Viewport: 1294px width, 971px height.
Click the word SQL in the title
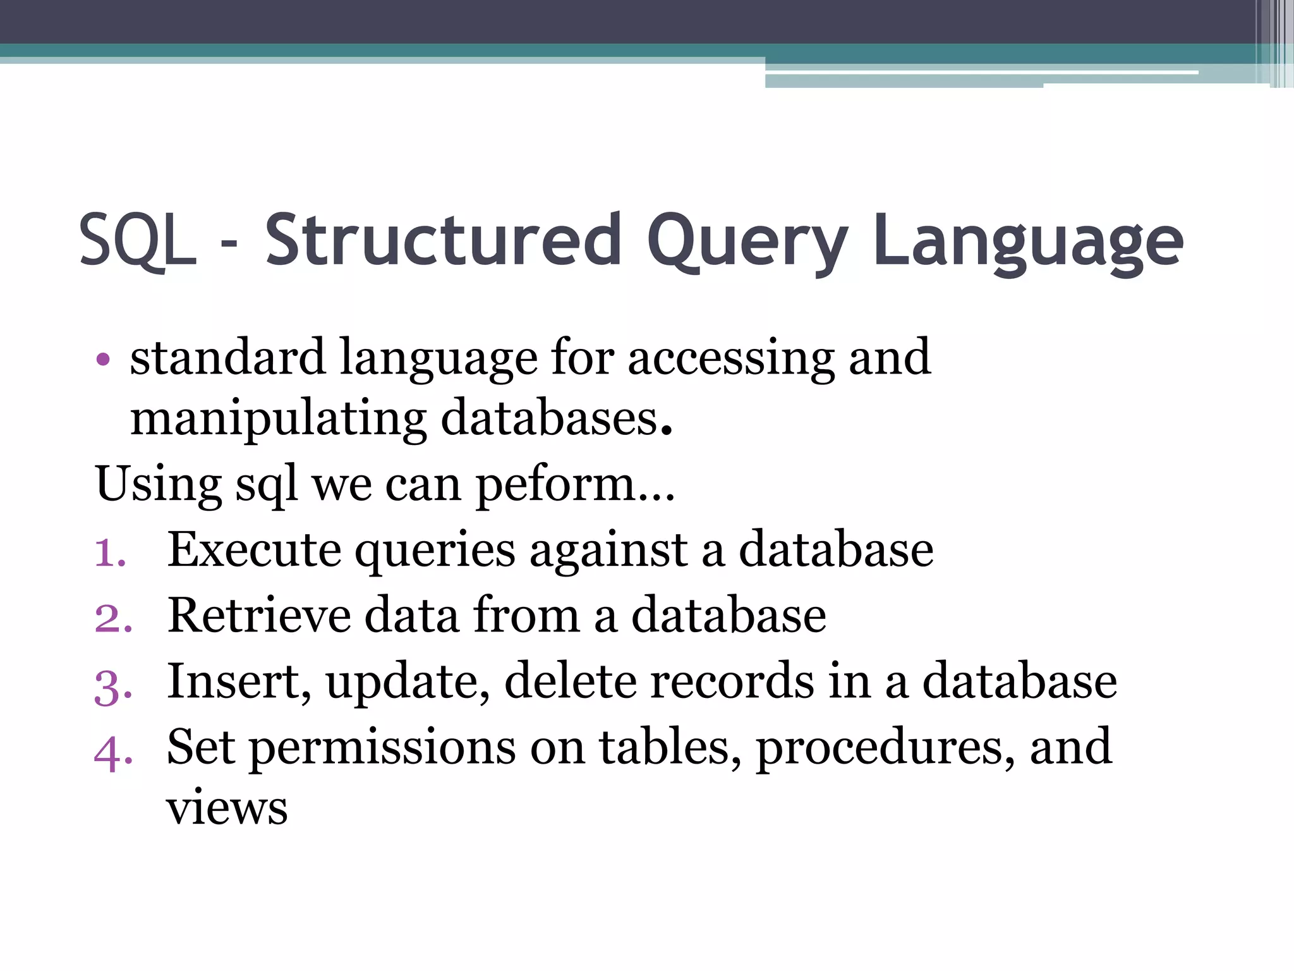pyautogui.click(x=137, y=240)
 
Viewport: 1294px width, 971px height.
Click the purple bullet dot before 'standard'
pyautogui.click(x=103, y=360)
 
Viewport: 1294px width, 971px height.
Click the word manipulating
pyautogui.click(x=278, y=420)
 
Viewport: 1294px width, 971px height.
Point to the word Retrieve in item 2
pyautogui.click(x=259, y=615)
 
